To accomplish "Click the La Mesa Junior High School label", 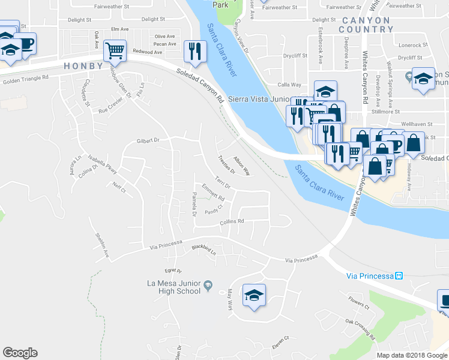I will click(173, 287).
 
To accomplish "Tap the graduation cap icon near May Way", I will click(254, 295).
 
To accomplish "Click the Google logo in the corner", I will click(20, 353).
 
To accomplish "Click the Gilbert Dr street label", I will click(147, 140).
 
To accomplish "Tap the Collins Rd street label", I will click(232, 221).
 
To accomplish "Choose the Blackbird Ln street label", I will click(203, 248).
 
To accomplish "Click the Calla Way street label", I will click(289, 85).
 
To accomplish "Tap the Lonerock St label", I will click(409, 45).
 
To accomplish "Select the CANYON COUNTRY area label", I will click(365, 25).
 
